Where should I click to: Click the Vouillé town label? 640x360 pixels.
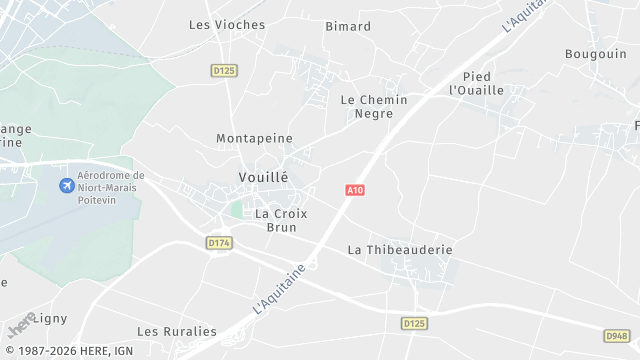[x=263, y=177]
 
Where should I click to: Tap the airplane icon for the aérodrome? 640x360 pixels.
[x=66, y=187]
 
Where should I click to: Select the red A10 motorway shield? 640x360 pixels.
[x=354, y=190]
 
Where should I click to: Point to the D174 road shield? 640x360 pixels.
[x=219, y=243]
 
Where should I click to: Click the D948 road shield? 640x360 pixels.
[x=617, y=336]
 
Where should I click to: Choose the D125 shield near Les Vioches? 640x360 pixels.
[x=223, y=70]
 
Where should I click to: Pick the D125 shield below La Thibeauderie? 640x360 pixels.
[x=414, y=323]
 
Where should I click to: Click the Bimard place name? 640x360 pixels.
[x=348, y=27]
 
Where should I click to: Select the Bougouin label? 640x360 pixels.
[x=595, y=53]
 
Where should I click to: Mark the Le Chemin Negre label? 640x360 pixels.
[x=374, y=106]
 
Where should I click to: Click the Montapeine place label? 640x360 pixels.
[x=254, y=138]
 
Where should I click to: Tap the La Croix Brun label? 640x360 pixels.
[x=281, y=220]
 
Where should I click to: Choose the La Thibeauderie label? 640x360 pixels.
[x=400, y=249]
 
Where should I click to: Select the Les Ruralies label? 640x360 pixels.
[x=177, y=331]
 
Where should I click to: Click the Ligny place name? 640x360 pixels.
[x=51, y=318]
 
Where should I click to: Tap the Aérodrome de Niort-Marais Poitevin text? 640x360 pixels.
[x=111, y=187]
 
